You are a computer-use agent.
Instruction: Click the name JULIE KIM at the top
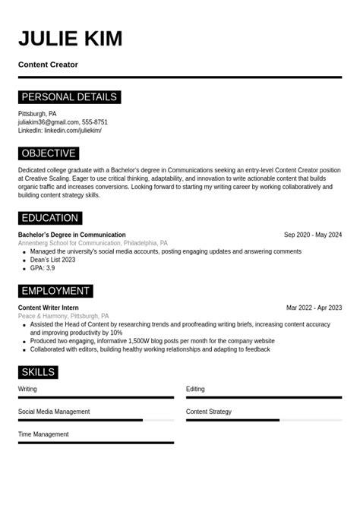(x=70, y=38)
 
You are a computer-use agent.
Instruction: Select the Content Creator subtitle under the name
(x=48, y=65)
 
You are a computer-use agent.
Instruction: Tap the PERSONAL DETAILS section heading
(x=69, y=97)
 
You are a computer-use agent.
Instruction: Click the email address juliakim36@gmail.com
(x=49, y=121)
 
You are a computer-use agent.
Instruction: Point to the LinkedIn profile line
(x=60, y=130)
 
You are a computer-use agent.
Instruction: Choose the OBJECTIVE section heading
(x=49, y=153)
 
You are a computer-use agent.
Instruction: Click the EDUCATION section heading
(x=50, y=218)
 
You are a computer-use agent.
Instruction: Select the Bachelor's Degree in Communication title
(x=72, y=235)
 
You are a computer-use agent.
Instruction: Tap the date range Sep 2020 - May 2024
(x=313, y=235)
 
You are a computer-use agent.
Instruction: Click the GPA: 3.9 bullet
(x=43, y=268)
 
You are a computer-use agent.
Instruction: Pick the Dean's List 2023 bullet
(x=52, y=260)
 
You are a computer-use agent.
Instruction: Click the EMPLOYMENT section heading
(x=55, y=291)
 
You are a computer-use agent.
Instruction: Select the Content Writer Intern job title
(x=49, y=308)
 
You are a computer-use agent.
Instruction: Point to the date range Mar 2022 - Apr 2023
(x=314, y=308)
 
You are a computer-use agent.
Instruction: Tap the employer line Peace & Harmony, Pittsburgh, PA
(x=64, y=316)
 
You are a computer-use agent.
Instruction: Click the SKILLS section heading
(x=38, y=372)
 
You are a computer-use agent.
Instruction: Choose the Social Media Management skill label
(x=54, y=412)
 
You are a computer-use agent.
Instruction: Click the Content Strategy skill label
(x=209, y=412)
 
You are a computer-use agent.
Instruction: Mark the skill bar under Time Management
(x=96, y=443)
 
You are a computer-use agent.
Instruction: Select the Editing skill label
(x=195, y=389)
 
